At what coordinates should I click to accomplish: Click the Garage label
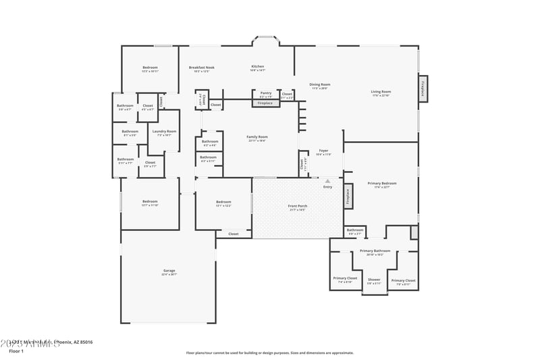coord(169,271)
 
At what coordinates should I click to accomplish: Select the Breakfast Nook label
coord(202,68)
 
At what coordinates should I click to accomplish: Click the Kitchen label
coord(258,66)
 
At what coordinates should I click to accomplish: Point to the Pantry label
coord(266,93)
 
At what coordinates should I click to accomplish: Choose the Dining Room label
coord(320,84)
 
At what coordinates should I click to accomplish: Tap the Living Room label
coord(381,91)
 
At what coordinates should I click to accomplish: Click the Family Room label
coord(257,137)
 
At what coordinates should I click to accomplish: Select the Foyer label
coord(323,151)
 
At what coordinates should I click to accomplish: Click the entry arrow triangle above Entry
coord(327,181)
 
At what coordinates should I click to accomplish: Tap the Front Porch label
coord(297,206)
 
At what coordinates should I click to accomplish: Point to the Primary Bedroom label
coord(382,183)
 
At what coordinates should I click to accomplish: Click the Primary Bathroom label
coord(375,251)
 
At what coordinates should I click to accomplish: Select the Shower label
coord(374,280)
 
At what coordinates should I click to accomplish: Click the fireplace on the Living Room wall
coord(423,89)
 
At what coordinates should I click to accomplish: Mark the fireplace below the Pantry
coord(265,103)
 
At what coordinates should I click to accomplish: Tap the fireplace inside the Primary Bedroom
coord(348,195)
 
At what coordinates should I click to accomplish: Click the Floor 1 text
coord(16,351)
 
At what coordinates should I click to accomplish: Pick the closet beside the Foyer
coord(301,164)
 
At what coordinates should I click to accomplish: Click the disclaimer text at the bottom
coord(269,353)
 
